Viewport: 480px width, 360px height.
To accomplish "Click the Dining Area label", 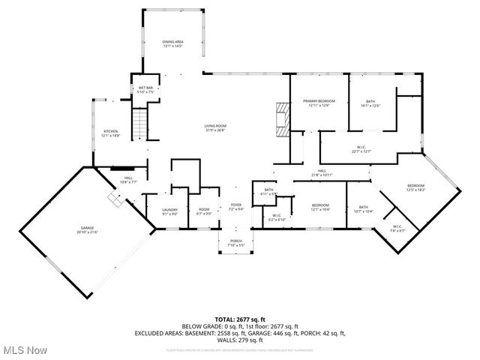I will point(173,44).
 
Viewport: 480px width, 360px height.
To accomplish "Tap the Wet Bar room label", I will point(145,90).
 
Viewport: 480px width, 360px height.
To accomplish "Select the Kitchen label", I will point(110,133).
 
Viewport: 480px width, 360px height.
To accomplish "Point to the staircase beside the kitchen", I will point(140,122).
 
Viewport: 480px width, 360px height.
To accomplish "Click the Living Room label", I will point(215,127).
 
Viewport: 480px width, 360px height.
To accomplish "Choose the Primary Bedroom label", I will point(319,103).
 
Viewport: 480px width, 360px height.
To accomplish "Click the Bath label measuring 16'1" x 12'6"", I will point(370,103).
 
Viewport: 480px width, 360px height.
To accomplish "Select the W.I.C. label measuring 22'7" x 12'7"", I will point(362,149).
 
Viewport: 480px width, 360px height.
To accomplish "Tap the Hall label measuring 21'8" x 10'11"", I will point(321,173).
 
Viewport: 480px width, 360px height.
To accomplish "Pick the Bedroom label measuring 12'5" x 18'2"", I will point(415,187).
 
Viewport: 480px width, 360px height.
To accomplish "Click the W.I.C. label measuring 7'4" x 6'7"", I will point(397,229).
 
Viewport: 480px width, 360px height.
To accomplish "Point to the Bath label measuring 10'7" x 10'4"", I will point(363,209).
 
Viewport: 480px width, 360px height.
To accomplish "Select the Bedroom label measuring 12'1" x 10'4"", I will point(320,208).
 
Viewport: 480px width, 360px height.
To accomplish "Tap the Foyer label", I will point(236,207).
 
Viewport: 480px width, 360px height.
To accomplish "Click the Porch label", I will point(236,243).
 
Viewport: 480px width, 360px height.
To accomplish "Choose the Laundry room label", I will point(169,212).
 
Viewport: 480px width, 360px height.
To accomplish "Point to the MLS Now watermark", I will point(25,350).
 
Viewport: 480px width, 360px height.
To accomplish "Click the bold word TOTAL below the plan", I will point(225,319).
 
